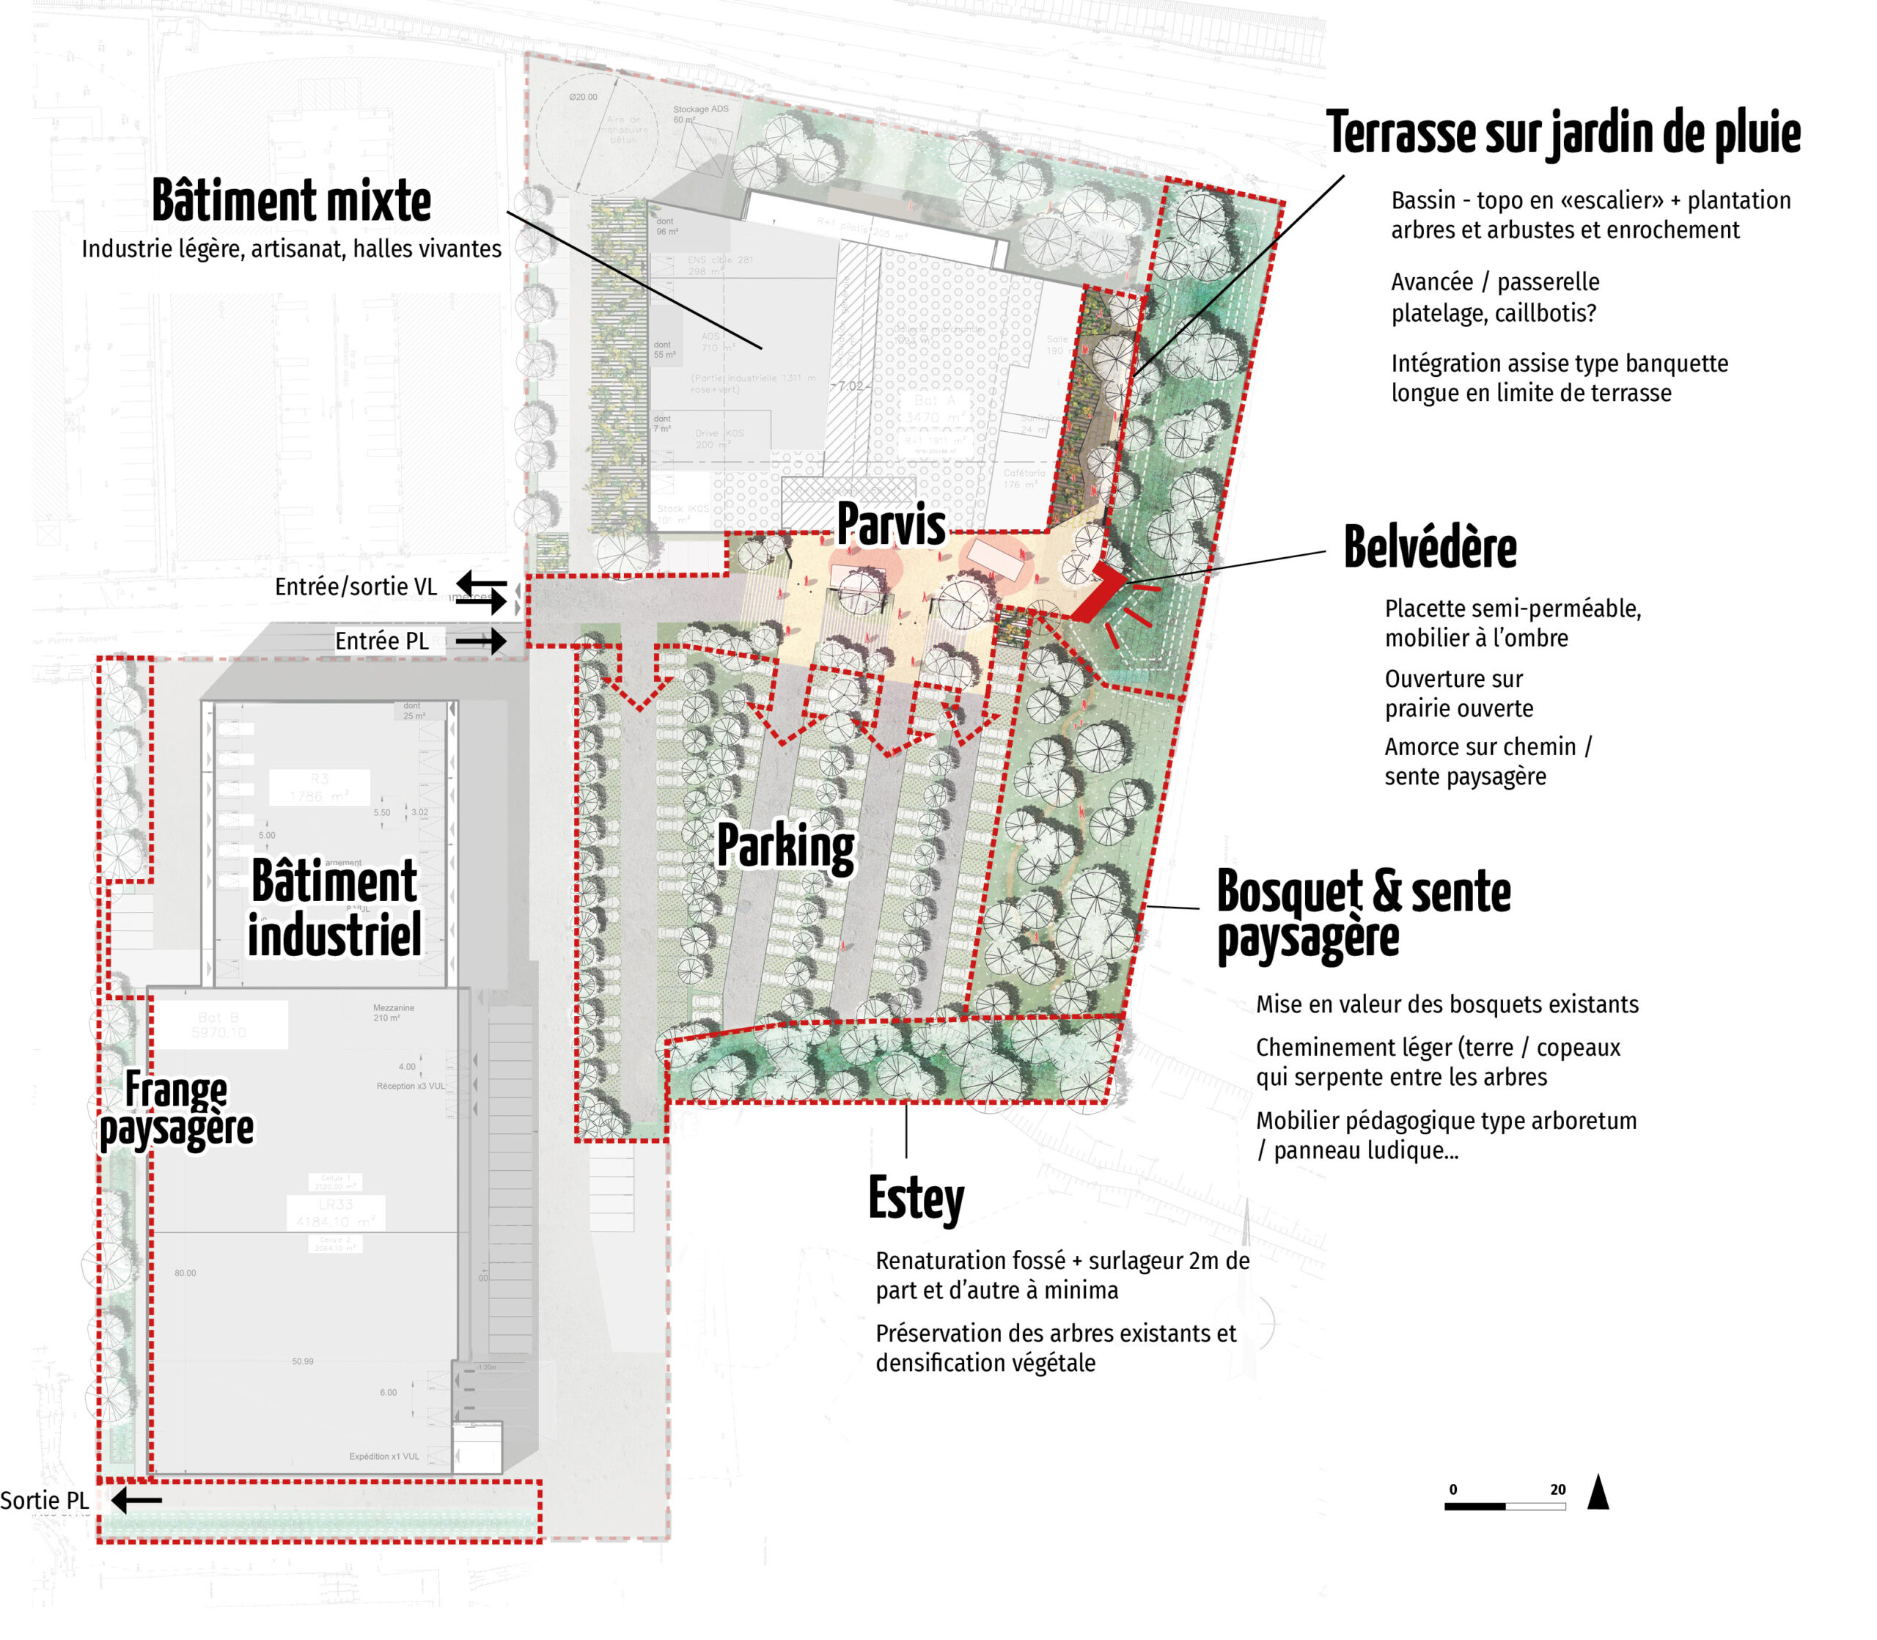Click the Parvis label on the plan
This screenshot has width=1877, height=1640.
click(x=890, y=524)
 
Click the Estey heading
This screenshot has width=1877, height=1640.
click(x=915, y=1198)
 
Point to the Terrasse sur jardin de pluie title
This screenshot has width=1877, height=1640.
click(x=1562, y=133)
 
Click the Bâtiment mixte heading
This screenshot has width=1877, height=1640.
click(x=291, y=202)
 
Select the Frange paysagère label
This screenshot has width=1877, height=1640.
click(x=176, y=1108)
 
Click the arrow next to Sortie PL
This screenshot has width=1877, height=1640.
click(x=137, y=1500)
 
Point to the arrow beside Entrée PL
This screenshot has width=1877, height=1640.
click(x=480, y=641)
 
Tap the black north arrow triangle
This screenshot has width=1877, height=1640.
click(x=1598, y=1493)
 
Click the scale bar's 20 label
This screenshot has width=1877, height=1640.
click(x=1557, y=1490)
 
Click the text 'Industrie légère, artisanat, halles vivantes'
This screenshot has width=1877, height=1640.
click(x=291, y=249)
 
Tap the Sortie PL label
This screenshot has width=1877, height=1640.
click(x=45, y=1501)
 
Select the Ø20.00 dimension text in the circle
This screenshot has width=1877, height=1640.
click(x=583, y=97)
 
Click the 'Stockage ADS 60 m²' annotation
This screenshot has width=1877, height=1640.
click(x=700, y=114)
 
